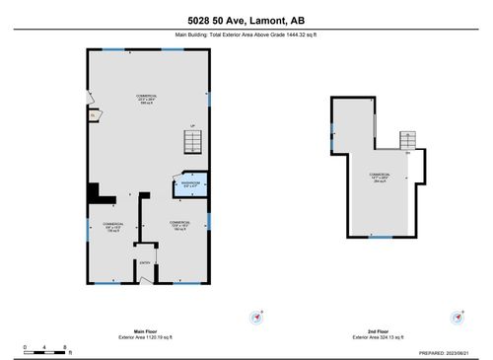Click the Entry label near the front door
click(x=145, y=262)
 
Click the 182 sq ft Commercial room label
click(x=178, y=225)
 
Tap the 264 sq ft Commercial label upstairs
click(x=379, y=178)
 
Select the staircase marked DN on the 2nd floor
click(x=407, y=140)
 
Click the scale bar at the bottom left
click(x=45, y=348)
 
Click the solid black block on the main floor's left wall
click(x=94, y=192)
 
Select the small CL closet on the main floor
click(x=93, y=115)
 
